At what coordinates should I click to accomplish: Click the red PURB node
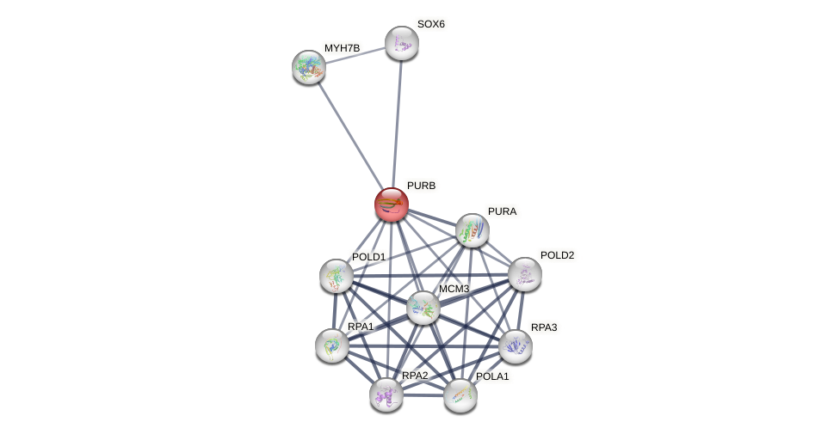pos(391,205)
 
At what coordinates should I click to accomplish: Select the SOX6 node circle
pos(401,43)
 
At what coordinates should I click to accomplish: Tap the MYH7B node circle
pos(308,67)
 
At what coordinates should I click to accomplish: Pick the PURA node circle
pos(472,230)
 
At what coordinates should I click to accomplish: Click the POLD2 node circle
pos(524,274)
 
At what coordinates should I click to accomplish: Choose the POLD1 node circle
pos(336,276)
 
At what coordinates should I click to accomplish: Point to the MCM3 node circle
pos(423,308)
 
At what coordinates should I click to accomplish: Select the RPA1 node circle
pos(331,345)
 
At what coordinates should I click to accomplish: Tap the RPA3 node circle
pos(515,346)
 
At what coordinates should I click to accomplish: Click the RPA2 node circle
pos(386,394)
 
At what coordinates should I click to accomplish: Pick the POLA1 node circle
pos(460,395)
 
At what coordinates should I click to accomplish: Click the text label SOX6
pos(430,24)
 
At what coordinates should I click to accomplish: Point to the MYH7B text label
pos(342,48)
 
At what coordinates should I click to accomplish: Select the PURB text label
pos(421,186)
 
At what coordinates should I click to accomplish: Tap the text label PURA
pos(502,211)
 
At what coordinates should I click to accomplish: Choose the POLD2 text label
pos(557,255)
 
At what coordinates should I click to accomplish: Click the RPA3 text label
pos(543,327)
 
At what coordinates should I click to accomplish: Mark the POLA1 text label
pos(492,376)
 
